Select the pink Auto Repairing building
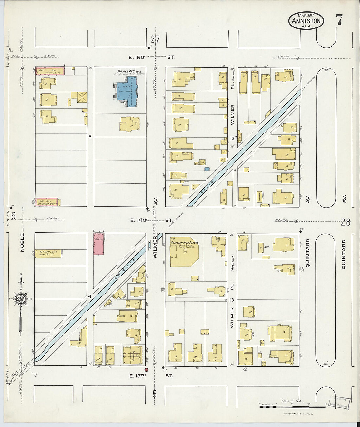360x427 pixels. pyautogui.click(x=99, y=244)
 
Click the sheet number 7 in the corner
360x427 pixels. pyautogui.click(x=339, y=20)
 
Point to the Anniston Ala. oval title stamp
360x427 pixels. pyautogui.click(x=306, y=21)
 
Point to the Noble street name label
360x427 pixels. pyautogui.click(x=22, y=242)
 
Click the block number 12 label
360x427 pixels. pyautogui.click(x=233, y=138)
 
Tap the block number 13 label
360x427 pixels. pyautogui.click(x=232, y=300)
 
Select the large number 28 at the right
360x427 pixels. pyautogui.click(x=345, y=223)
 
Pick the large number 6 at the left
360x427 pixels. pyautogui.click(x=14, y=216)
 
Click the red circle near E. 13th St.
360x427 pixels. pyautogui.click(x=147, y=370)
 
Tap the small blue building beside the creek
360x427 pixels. pyautogui.click(x=207, y=169)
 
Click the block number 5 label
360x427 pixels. pyautogui.click(x=90, y=137)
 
